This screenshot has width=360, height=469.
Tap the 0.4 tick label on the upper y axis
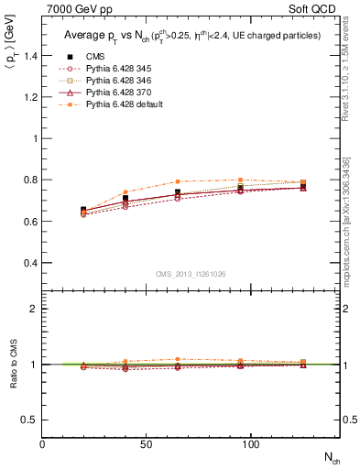(x=31, y=263)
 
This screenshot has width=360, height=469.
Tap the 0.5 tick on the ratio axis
(x=31, y=420)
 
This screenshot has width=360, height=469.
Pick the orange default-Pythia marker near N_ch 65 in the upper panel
(x=178, y=181)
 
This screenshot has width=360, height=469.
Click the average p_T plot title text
(x=191, y=35)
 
